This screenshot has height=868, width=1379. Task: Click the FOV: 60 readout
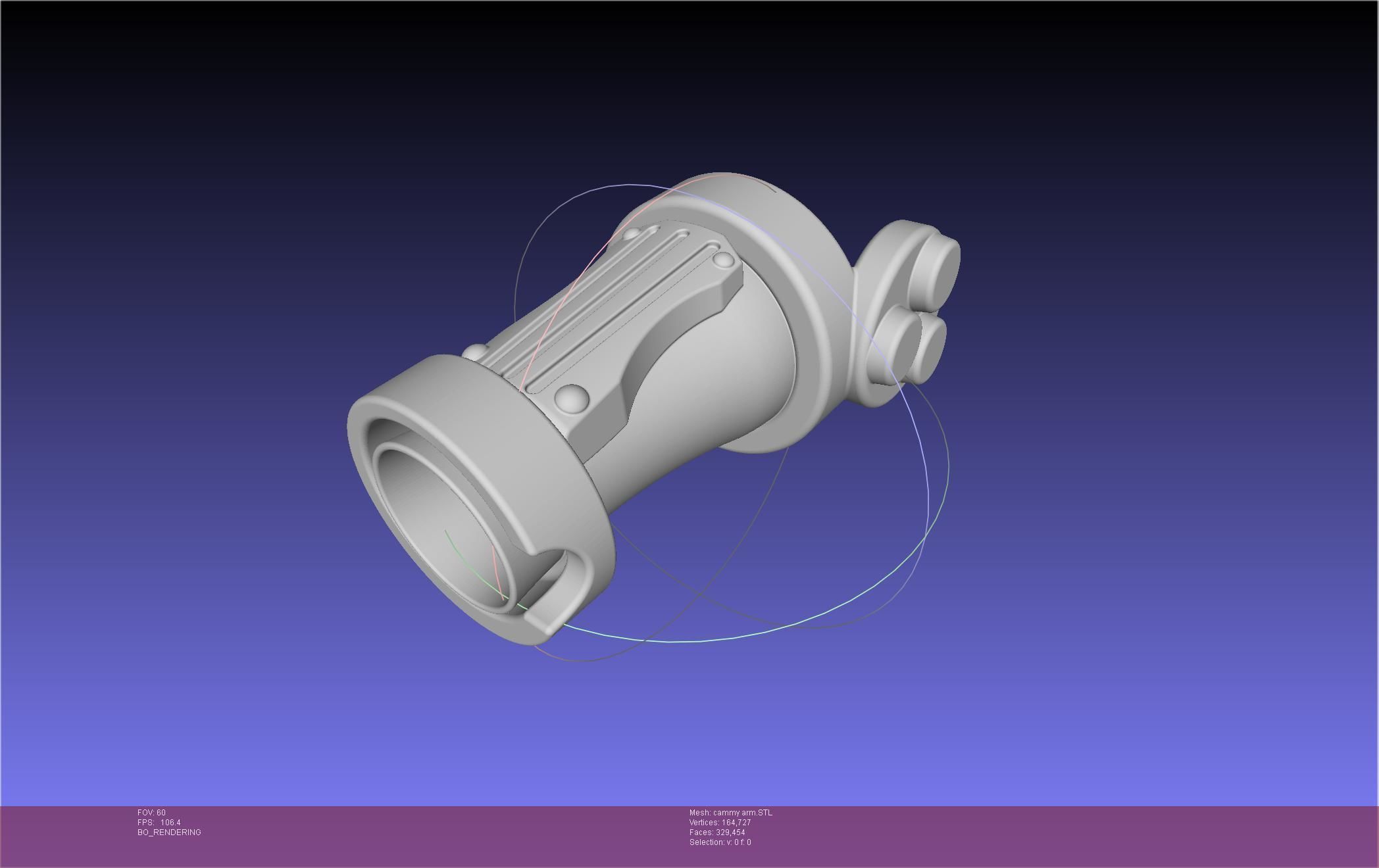(151, 813)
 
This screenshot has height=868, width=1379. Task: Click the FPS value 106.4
(170, 823)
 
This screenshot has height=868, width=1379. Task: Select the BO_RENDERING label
(169, 832)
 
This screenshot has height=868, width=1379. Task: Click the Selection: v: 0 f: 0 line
(720, 842)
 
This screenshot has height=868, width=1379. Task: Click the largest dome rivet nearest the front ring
(570, 398)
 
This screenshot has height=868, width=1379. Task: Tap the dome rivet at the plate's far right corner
(724, 260)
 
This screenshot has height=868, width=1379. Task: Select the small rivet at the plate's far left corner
(631, 233)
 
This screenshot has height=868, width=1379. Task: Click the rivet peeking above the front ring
(475, 352)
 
